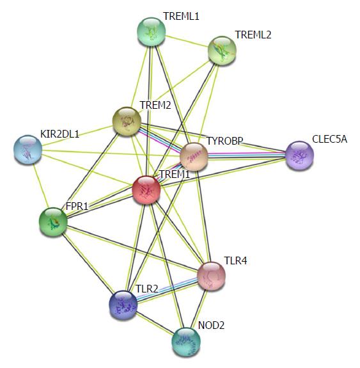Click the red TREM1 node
(x=146, y=190)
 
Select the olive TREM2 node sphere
(x=127, y=122)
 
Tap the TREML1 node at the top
(x=152, y=32)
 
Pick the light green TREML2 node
(x=222, y=51)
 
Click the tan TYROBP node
(x=194, y=157)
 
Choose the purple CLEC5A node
(x=299, y=156)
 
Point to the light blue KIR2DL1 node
(x=28, y=150)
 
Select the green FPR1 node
(x=53, y=222)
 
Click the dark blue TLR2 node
(x=123, y=305)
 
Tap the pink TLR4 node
(x=212, y=276)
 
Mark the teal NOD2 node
(x=186, y=342)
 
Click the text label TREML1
(x=182, y=17)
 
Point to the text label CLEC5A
(x=329, y=139)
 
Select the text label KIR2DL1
(x=60, y=134)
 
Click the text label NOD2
(x=211, y=325)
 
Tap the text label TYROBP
(x=224, y=141)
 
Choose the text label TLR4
(x=236, y=260)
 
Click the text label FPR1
(x=77, y=206)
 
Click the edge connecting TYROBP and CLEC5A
(x=247, y=156)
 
